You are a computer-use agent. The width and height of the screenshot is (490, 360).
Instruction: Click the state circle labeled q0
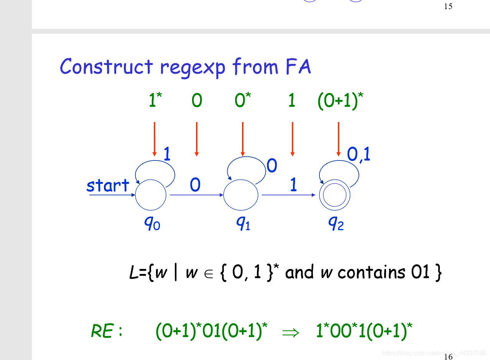(x=151, y=195)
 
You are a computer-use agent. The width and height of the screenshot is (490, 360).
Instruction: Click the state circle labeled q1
(x=241, y=195)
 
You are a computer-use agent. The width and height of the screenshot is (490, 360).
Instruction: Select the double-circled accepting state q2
(x=335, y=196)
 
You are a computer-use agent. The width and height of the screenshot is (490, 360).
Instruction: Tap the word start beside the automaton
(x=108, y=186)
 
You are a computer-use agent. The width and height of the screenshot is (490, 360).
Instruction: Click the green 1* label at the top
(x=155, y=101)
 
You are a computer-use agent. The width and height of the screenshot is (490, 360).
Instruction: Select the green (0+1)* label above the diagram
(x=340, y=101)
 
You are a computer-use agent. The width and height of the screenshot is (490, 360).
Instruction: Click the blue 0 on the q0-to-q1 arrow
(x=195, y=186)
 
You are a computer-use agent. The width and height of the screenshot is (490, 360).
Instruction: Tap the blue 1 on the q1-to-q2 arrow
(x=293, y=186)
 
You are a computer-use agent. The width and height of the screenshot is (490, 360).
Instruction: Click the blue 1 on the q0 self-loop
(x=167, y=154)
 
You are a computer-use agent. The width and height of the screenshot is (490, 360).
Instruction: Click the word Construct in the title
(x=106, y=67)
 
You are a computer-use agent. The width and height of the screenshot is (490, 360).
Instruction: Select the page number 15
(x=448, y=7)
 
